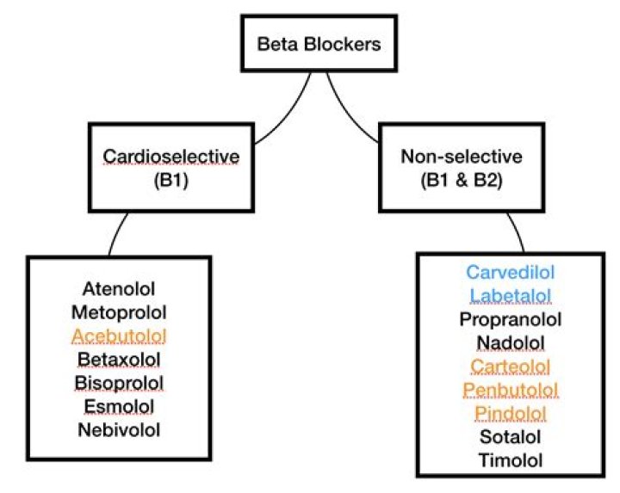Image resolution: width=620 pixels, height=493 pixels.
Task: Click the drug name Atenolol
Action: [119, 287]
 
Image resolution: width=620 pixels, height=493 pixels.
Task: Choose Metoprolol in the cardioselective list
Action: [119, 310]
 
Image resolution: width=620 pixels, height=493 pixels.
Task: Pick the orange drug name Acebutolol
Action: [119, 334]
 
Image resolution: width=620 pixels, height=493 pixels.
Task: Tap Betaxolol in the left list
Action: [119, 357]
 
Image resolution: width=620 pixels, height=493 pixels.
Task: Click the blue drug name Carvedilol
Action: [511, 273]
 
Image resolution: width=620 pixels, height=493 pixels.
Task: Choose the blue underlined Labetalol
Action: [511, 296]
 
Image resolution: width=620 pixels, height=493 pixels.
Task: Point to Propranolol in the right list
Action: [511, 320]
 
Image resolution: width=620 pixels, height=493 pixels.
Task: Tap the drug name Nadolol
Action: [511, 343]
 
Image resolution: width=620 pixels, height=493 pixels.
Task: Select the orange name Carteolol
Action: [511, 367]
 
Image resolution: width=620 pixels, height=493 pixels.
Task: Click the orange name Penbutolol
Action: [511, 391]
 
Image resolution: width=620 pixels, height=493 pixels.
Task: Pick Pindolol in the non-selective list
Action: [511, 414]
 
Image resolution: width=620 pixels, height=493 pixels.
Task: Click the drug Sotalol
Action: [511, 437]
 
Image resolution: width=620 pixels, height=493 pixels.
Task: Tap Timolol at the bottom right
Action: [511, 460]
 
